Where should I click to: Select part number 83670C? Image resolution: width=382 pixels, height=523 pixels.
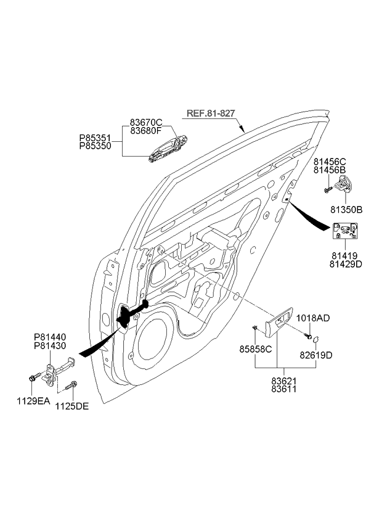coord(145,122)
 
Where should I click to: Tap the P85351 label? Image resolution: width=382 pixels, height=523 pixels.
coord(95,138)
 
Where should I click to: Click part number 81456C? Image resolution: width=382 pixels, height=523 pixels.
coord(330,162)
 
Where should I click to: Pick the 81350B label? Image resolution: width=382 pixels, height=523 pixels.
coord(346,210)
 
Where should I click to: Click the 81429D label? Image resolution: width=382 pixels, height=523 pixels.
coord(346,263)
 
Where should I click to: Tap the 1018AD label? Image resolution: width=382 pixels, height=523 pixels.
coord(313,318)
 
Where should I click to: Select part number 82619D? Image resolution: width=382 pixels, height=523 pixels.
coord(316,356)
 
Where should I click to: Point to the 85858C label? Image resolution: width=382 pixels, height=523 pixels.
coord(256,349)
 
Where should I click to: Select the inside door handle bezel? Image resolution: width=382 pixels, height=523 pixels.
coord(280,323)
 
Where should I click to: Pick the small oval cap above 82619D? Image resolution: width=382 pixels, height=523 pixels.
coord(314,339)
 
